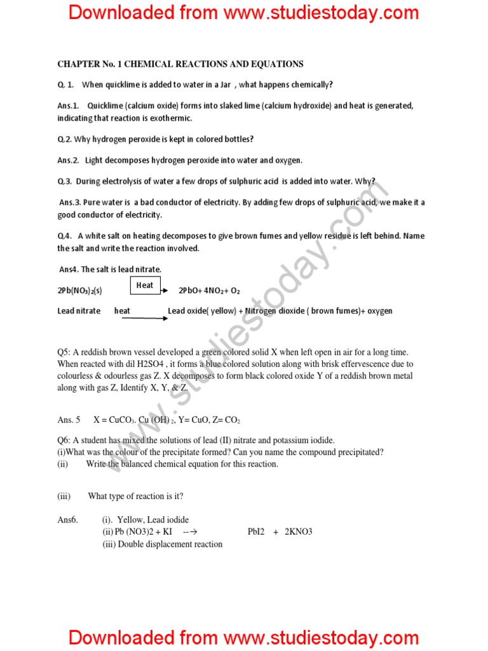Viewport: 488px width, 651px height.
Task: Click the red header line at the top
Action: (244, 12)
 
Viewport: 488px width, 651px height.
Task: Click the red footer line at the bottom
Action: (244, 637)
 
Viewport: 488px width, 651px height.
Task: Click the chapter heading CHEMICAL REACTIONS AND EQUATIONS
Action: (180, 64)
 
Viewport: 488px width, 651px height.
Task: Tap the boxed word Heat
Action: (145, 285)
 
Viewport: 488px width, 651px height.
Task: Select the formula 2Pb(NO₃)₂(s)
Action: (79, 291)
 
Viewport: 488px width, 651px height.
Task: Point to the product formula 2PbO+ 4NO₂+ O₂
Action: (209, 291)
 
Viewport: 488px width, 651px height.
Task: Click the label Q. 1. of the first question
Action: (66, 85)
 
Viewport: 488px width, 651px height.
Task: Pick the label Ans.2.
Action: (68, 160)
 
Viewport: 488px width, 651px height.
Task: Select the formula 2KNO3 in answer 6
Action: (299, 531)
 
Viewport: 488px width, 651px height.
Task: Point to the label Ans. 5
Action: (69, 420)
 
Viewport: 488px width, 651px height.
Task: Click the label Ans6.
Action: (68, 519)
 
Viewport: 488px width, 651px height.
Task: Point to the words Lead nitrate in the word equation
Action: (79, 311)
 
